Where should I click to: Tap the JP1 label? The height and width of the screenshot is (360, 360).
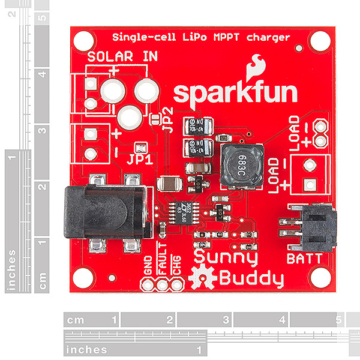(139, 160)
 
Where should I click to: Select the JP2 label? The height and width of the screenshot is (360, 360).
(169, 120)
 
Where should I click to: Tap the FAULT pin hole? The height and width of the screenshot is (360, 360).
(163, 285)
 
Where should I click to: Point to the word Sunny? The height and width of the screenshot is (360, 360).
(224, 259)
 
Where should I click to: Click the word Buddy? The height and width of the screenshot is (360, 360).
(250, 278)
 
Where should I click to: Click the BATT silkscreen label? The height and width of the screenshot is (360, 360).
(304, 259)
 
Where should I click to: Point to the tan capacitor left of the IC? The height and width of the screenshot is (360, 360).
(167, 184)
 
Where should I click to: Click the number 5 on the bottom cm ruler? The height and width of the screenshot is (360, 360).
(338, 320)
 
